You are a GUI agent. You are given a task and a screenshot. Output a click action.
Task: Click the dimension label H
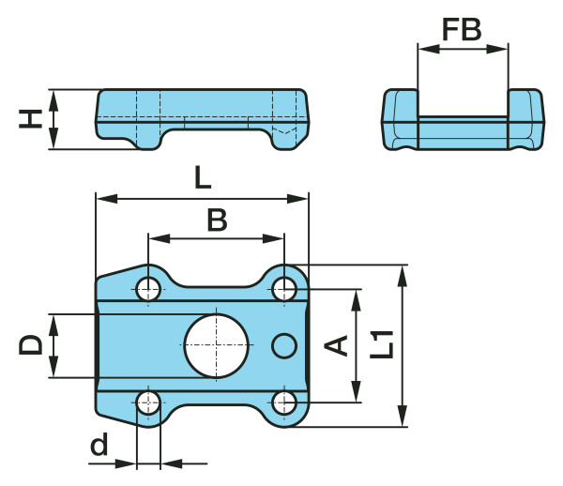[x=31, y=118]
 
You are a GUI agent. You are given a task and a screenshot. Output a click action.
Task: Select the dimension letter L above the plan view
[x=203, y=177]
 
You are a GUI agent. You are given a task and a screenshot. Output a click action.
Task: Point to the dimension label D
[x=31, y=345]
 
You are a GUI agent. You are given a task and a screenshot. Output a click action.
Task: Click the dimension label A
[x=336, y=345]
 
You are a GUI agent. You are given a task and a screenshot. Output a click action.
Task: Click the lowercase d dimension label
[x=99, y=445]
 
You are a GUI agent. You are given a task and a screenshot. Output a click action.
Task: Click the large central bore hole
[x=217, y=345]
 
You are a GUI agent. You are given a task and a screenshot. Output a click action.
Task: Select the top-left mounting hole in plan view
[x=148, y=288]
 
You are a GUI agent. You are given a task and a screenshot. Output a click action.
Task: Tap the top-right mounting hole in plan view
[x=284, y=288]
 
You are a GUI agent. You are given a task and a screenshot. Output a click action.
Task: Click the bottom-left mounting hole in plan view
[x=148, y=403]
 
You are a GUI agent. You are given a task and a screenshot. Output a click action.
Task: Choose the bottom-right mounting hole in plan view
[x=284, y=403]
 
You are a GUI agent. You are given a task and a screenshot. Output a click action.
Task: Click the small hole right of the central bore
[x=284, y=345]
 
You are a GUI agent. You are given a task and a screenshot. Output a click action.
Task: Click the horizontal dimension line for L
[x=141, y=198]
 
